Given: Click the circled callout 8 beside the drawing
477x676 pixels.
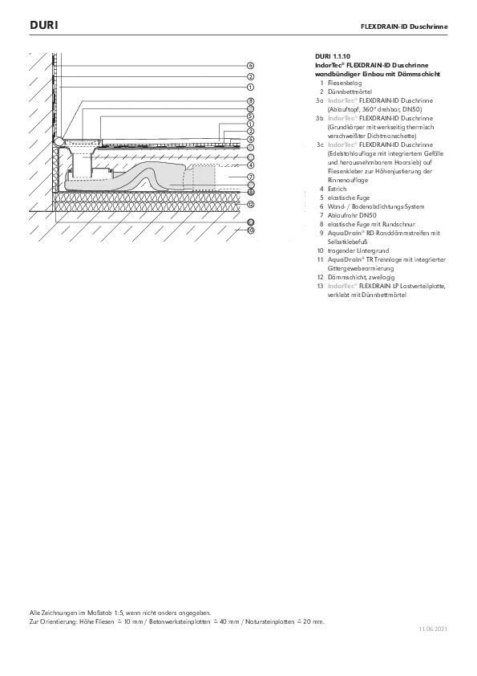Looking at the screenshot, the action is pyautogui.click(x=250, y=100).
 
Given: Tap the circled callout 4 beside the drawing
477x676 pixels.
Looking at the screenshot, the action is pyautogui.click(x=250, y=165).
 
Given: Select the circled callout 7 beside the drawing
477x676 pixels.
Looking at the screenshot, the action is pyautogui.click(x=250, y=177).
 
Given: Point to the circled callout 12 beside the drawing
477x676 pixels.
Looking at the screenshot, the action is pyautogui.click(x=250, y=205).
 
